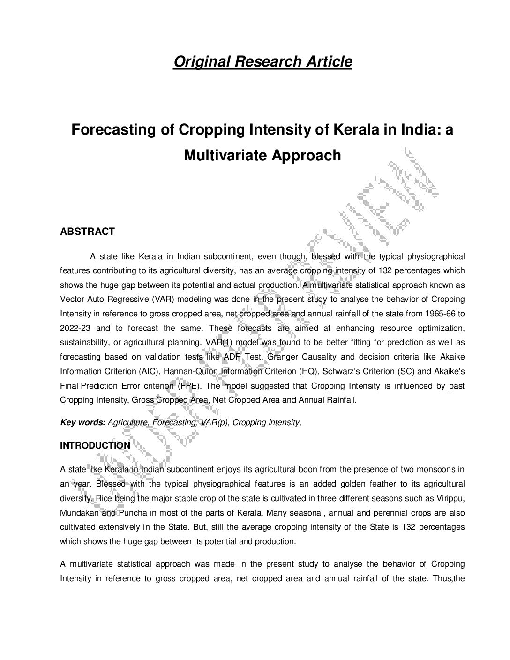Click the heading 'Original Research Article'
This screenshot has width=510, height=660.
click(262, 61)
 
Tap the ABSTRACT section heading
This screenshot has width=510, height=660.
click(87, 232)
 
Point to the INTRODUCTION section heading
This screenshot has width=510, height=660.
click(95, 446)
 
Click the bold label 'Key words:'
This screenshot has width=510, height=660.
click(82, 422)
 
